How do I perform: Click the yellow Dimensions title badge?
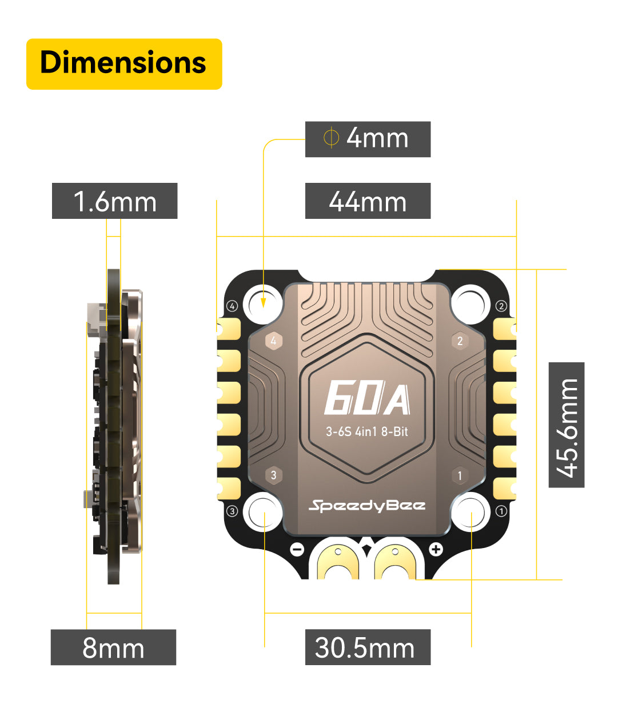click(124, 63)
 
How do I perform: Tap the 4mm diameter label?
click(368, 139)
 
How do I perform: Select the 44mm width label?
click(368, 201)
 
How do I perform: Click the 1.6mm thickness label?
click(114, 201)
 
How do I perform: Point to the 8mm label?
click(113, 647)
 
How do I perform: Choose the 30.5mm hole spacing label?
click(368, 647)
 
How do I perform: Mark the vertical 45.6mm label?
click(567, 425)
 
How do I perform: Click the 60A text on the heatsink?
click(367, 399)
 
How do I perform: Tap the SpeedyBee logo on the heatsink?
click(367, 506)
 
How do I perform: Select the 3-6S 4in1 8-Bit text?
click(367, 431)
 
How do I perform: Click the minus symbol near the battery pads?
click(297, 550)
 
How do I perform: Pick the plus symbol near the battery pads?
click(436, 550)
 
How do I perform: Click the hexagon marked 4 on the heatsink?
click(274, 341)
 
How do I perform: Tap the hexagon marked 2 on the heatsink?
click(460, 341)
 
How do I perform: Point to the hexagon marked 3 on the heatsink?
click(274, 475)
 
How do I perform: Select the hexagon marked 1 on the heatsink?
click(460, 475)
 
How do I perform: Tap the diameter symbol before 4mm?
click(331, 138)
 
